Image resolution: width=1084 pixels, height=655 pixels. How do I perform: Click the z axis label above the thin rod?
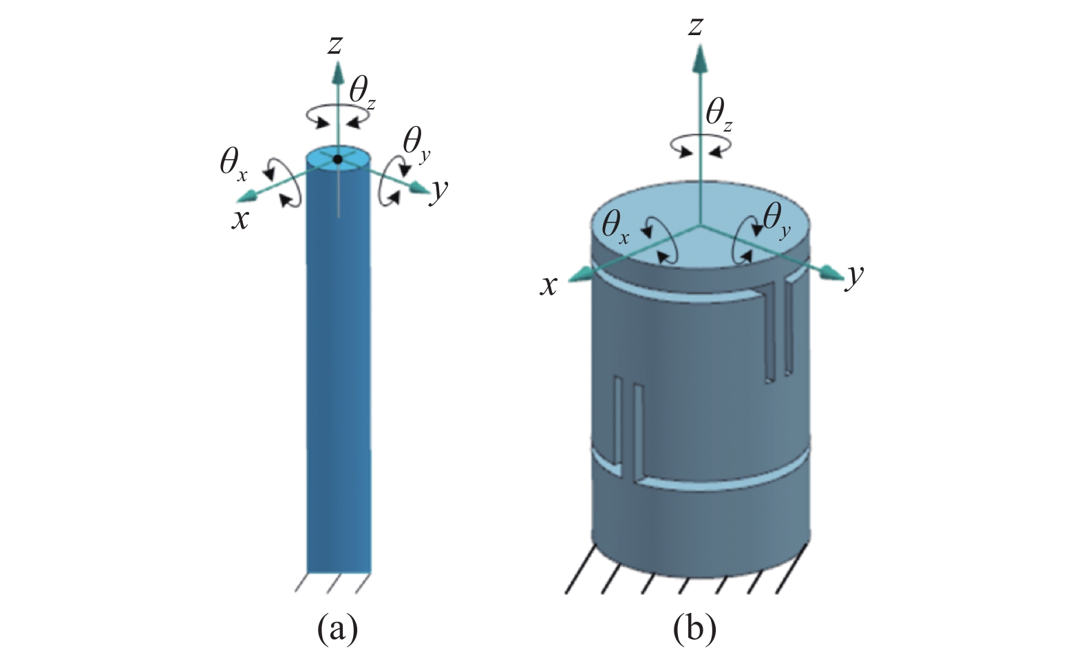[335, 45]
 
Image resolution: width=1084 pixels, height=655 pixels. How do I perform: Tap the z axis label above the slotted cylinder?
[695, 27]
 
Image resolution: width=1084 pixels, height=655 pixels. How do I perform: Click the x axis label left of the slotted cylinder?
[549, 287]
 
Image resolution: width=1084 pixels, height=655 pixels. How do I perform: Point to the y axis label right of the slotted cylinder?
[854, 277]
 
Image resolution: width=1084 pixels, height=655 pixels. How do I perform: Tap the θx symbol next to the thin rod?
[233, 165]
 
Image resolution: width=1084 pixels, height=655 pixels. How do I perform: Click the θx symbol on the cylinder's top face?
[615, 228]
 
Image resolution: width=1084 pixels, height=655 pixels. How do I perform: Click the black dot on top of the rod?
[338, 159]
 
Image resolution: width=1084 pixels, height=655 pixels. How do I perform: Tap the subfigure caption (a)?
[337, 629]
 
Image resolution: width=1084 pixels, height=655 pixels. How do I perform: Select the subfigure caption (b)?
[695, 629]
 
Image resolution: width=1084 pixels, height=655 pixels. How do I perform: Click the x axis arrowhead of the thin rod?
[246, 196]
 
